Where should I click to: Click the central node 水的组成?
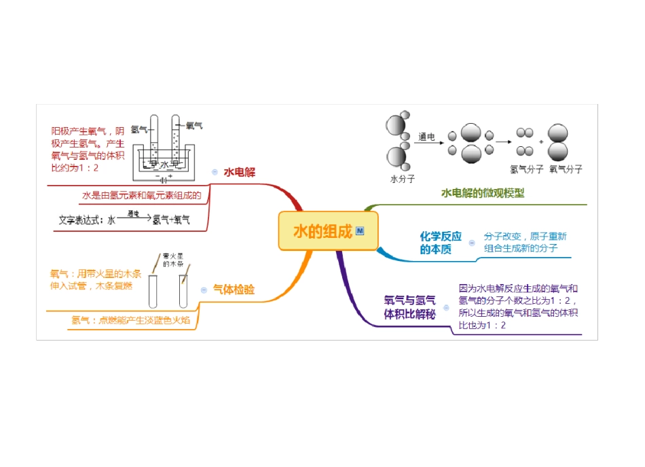[x=323, y=231]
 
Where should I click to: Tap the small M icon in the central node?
[x=360, y=231]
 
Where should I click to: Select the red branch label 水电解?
[x=240, y=173]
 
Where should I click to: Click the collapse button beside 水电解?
[x=215, y=173]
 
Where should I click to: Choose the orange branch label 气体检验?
[x=234, y=290]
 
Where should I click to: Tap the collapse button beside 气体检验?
[x=204, y=290]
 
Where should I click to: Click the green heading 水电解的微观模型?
[x=483, y=193]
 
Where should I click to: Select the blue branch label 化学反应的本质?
[x=441, y=243]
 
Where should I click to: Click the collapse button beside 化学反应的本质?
[x=472, y=243]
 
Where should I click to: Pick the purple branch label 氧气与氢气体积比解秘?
[x=409, y=307]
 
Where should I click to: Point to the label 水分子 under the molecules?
[x=403, y=179]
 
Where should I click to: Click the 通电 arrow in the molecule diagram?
[x=427, y=141]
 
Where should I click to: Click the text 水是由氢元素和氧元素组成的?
[x=142, y=196]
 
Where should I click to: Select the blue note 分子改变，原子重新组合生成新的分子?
[x=525, y=243]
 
